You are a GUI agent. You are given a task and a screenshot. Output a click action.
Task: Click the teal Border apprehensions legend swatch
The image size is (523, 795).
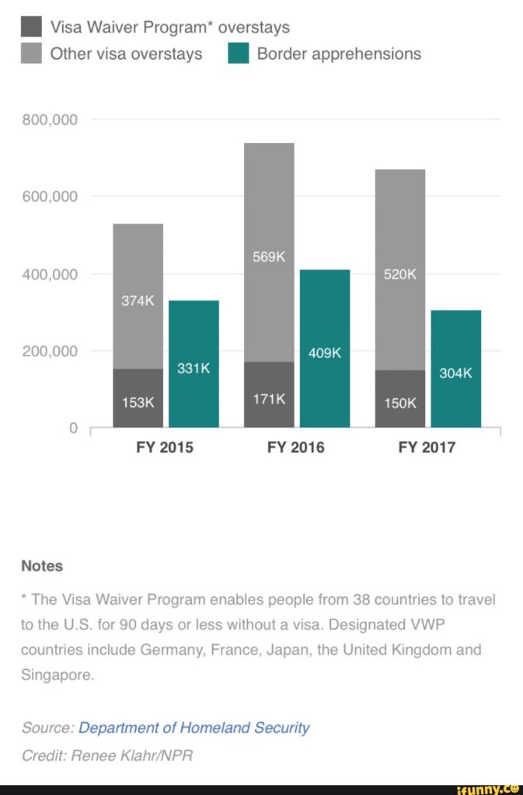click(x=238, y=54)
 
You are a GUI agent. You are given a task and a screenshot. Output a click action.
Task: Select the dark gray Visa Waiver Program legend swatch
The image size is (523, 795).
click(x=31, y=27)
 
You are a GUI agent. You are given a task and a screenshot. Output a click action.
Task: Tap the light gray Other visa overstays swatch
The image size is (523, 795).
click(x=31, y=54)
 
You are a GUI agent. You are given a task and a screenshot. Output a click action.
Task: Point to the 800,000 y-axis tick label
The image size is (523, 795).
click(x=51, y=120)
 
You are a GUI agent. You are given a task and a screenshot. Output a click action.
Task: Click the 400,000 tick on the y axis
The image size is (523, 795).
click(x=51, y=274)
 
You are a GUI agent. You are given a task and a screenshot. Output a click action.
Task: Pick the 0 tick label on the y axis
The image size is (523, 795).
click(x=74, y=428)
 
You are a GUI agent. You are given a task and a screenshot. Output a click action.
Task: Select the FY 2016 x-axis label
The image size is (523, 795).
click(x=296, y=448)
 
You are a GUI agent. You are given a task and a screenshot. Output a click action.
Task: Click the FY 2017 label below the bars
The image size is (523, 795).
click(x=427, y=448)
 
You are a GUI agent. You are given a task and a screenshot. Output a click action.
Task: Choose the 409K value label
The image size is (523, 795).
click(x=325, y=353)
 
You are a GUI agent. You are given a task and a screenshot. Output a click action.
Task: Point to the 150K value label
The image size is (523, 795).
click(x=401, y=404)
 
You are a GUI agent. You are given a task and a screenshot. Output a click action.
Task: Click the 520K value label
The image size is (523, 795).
click(x=401, y=274)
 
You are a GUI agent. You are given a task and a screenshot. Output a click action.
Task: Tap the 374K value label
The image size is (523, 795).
click(x=138, y=301)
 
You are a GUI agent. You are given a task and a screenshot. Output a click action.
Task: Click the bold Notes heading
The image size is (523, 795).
click(x=42, y=566)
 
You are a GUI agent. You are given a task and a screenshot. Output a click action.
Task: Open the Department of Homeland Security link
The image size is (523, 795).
click(x=194, y=727)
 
